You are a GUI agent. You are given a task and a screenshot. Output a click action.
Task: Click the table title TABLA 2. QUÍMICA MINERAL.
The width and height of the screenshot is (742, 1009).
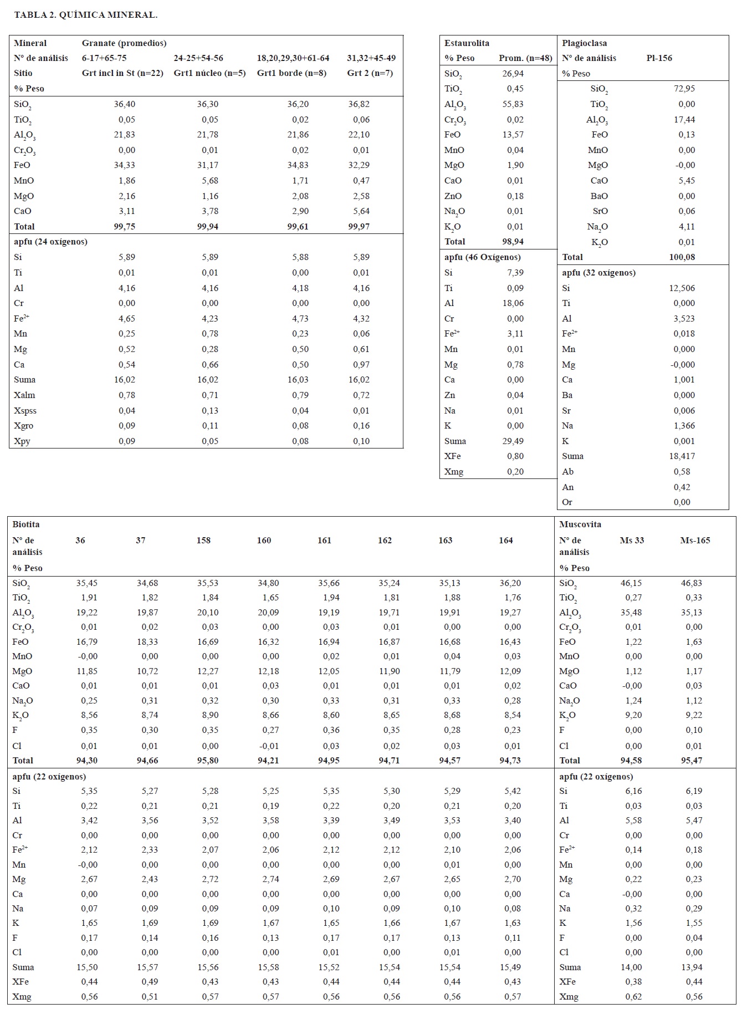click(x=86, y=15)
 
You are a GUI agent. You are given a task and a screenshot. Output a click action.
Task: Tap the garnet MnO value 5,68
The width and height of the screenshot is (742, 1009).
click(x=208, y=181)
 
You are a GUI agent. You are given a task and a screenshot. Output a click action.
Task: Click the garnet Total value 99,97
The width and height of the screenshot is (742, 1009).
click(x=359, y=227)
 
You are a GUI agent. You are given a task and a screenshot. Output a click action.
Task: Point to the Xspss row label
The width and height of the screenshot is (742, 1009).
click(x=25, y=411)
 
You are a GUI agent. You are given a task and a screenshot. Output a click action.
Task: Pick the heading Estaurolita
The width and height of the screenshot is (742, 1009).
click(x=467, y=43)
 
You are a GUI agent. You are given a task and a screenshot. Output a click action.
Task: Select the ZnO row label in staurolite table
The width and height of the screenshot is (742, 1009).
click(x=453, y=196)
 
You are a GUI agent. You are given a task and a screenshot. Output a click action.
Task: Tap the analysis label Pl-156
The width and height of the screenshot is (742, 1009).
click(x=659, y=58)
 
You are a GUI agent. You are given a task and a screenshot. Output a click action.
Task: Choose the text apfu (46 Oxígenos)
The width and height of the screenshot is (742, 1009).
click(x=483, y=257)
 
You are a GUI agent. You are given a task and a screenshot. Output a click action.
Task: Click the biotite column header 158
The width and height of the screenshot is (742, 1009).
click(x=203, y=541)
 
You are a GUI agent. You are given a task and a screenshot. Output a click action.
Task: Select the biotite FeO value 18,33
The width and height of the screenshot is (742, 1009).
click(x=147, y=642)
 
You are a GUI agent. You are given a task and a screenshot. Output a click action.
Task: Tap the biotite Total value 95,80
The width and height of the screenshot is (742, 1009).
click(x=208, y=761)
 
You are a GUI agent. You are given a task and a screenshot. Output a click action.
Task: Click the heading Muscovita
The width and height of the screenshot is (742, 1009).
click(x=580, y=524)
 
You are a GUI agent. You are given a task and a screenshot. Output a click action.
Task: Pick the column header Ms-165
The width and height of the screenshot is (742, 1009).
click(x=695, y=541)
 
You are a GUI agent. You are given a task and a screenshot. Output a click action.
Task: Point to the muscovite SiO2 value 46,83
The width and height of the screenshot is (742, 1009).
click(x=692, y=583)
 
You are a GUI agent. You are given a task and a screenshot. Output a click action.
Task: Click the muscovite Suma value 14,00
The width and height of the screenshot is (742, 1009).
click(x=631, y=967)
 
